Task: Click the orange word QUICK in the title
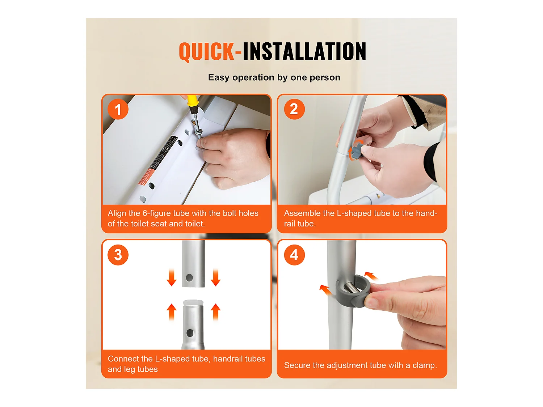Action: [x=206, y=51]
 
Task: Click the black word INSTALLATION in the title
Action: [x=304, y=51]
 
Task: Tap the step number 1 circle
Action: [x=118, y=109]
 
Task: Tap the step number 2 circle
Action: [x=294, y=109]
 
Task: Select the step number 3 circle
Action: [x=118, y=255]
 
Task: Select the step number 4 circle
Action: [x=294, y=255]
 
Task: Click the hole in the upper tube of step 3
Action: [x=189, y=277]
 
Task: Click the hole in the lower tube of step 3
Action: [x=190, y=333]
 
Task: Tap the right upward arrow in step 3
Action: [x=216, y=312]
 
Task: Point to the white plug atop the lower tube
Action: [x=193, y=303]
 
